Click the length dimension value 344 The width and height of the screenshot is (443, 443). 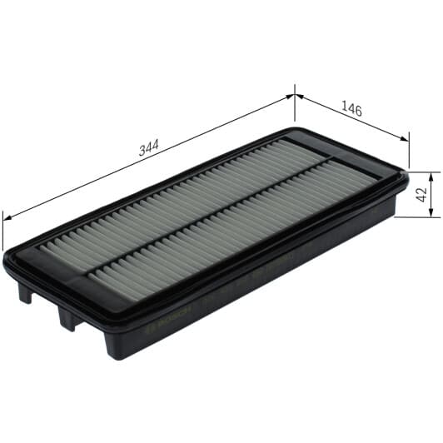(x=148, y=149)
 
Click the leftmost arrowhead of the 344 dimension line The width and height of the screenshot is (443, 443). (x=7, y=217)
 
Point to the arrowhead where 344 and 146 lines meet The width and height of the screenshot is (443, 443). (x=295, y=95)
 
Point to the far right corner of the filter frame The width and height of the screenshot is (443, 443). (x=406, y=176)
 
